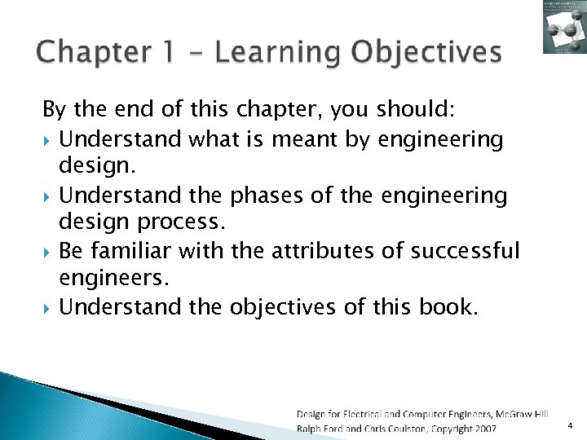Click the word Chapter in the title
(89, 52)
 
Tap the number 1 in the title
(168, 52)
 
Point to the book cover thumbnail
(564, 27)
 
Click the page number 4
(571, 425)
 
